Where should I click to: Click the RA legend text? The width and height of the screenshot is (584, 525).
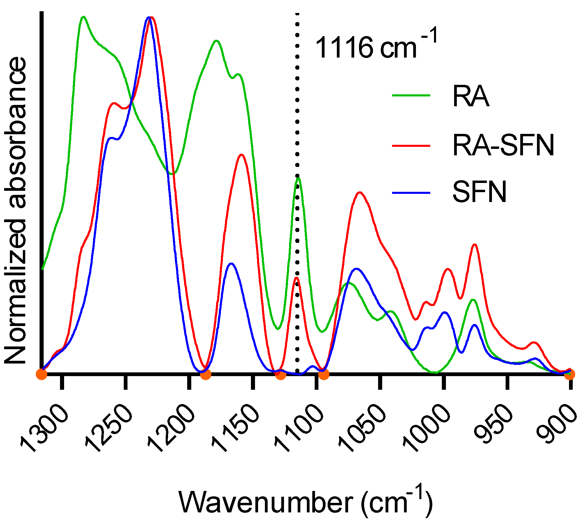[x=471, y=97]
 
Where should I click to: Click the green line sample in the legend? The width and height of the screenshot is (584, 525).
[x=411, y=96]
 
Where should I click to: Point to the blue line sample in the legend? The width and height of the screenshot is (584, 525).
[x=411, y=193]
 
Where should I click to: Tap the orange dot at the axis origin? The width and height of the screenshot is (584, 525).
[x=42, y=374]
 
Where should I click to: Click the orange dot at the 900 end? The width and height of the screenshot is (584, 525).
[x=569, y=374]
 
